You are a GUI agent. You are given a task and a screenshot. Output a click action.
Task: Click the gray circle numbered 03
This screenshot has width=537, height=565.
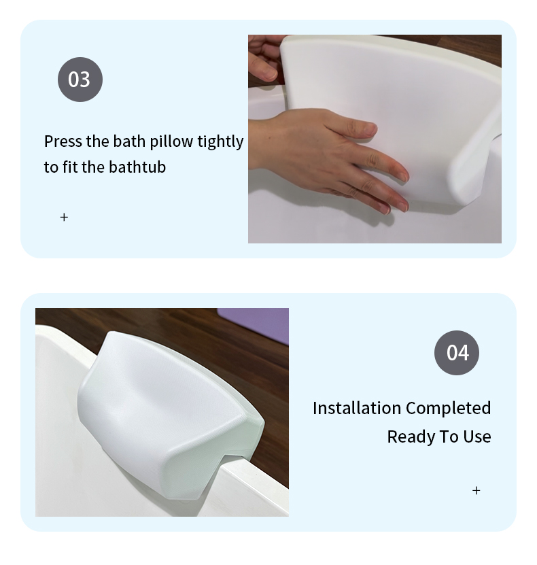click(80, 80)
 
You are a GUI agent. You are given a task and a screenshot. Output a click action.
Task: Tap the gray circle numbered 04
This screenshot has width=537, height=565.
click(457, 352)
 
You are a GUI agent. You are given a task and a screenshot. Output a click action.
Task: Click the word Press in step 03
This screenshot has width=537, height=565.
click(63, 141)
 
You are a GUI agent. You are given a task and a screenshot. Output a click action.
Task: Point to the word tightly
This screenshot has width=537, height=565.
click(220, 142)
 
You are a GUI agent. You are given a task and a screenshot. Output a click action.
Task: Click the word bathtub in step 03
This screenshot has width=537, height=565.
click(137, 167)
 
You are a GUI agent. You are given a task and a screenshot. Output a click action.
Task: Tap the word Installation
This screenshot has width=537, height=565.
click(357, 409)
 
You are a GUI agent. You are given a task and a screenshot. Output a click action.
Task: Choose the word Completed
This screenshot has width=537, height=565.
click(449, 409)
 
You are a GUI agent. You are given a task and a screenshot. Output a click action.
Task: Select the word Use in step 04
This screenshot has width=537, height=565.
click(477, 436)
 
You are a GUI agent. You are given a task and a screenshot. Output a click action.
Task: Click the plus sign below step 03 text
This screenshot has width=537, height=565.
click(64, 218)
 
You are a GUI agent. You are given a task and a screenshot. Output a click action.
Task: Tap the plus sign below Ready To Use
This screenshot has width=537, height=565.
click(476, 490)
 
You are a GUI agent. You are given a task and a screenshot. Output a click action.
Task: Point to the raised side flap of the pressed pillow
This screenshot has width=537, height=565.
click(475, 155)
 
